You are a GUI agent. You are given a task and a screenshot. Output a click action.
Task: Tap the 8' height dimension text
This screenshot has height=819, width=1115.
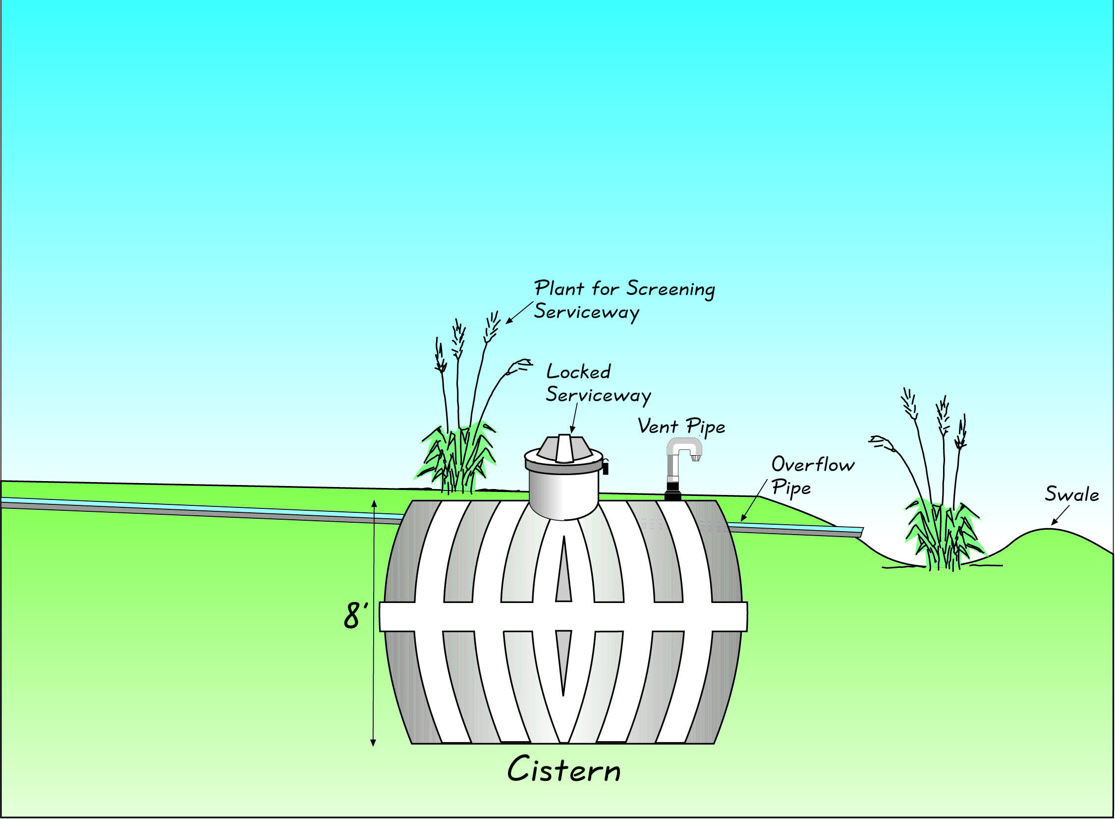click(355, 617)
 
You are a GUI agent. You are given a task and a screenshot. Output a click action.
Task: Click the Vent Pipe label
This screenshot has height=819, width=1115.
click(681, 427)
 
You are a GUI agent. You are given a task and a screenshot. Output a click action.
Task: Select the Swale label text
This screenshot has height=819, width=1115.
click(1071, 495)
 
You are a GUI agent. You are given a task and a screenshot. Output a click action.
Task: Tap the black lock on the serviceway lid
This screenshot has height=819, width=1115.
click(606, 467)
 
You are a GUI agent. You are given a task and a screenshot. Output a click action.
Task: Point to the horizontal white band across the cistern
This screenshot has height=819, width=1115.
click(563, 616)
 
